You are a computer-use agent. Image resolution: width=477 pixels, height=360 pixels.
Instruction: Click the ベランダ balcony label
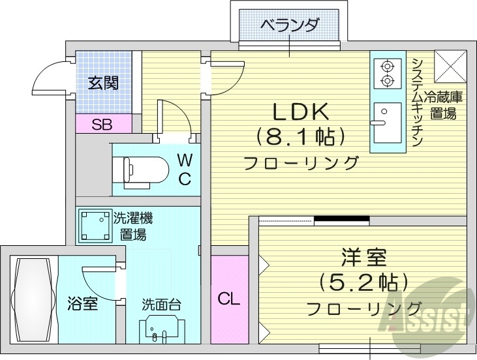[x=290, y=25]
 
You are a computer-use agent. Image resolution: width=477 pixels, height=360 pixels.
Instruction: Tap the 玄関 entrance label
[x=104, y=83]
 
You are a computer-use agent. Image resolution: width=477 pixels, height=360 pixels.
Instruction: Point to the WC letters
[x=185, y=168]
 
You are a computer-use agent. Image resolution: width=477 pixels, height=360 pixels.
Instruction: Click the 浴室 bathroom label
[x=82, y=303]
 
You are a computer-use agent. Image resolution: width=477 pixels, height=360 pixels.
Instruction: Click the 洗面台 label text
[x=161, y=305]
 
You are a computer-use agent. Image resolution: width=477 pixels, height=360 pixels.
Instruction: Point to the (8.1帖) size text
[x=300, y=137]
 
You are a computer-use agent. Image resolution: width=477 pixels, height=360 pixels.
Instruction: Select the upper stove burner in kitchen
[x=386, y=65]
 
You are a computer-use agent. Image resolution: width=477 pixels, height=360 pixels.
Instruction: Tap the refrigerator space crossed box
[x=449, y=65]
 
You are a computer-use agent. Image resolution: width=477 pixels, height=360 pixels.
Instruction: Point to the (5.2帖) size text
[x=363, y=282]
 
